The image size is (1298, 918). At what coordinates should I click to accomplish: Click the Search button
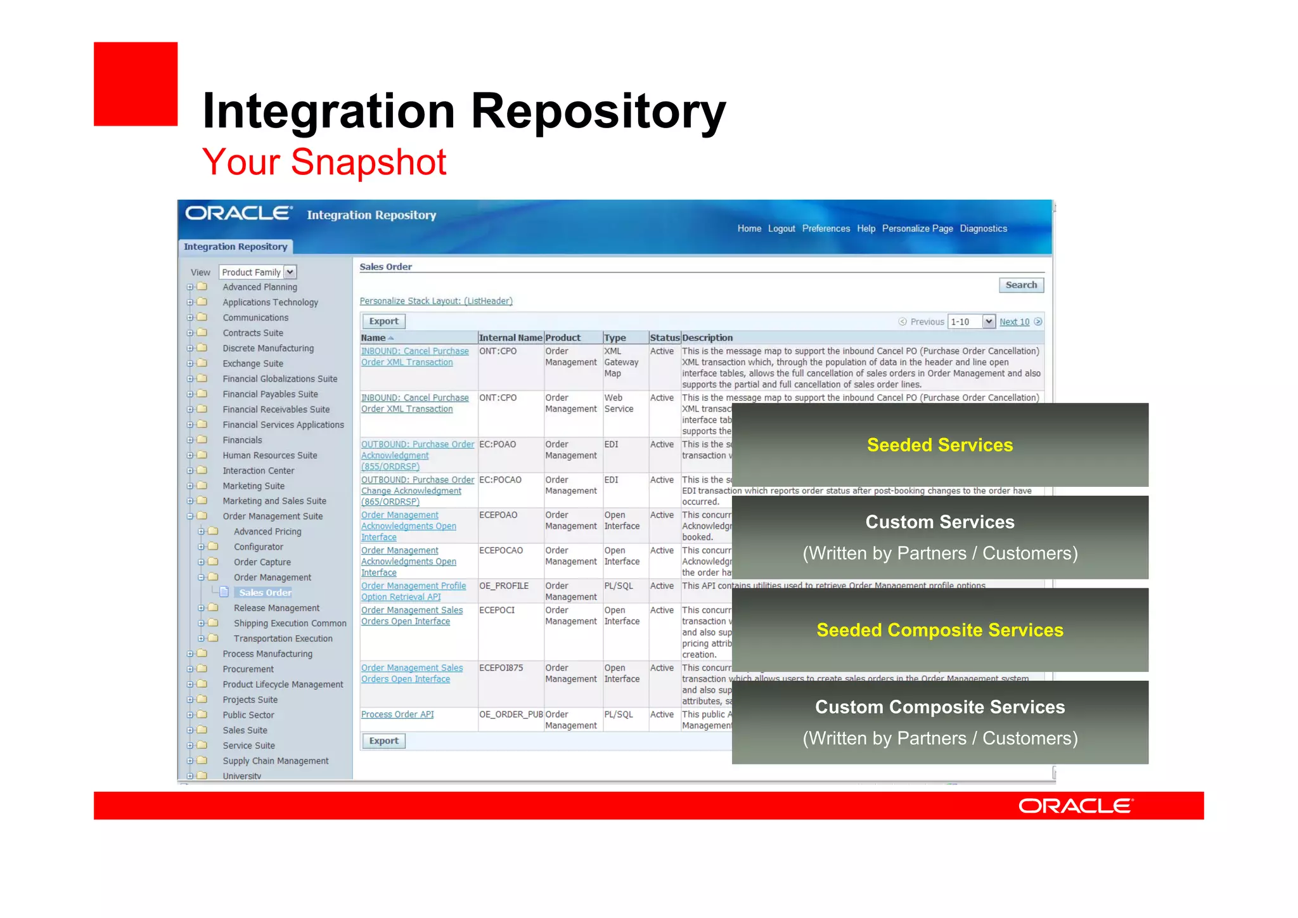click(1020, 285)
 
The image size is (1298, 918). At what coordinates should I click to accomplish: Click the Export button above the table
click(383, 321)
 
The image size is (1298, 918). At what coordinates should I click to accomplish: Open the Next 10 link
click(1014, 322)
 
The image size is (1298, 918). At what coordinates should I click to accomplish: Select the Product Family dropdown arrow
click(290, 272)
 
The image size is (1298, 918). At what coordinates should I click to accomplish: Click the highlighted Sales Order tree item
click(265, 593)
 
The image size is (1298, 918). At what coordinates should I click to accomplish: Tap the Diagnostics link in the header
click(983, 229)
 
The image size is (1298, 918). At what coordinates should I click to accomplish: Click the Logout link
click(781, 229)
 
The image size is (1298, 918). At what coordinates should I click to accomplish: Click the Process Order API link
click(397, 714)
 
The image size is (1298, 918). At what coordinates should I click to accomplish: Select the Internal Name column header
click(510, 338)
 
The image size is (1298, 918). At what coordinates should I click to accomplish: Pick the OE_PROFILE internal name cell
click(504, 586)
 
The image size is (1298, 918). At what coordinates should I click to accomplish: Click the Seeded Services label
click(939, 445)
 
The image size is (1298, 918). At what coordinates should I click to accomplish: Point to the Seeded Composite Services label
click(939, 630)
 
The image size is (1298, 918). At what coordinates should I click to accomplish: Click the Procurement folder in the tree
click(248, 669)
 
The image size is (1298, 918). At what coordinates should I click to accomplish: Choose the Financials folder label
click(242, 440)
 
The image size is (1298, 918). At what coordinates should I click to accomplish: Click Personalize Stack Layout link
click(436, 301)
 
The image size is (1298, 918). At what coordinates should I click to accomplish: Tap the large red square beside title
click(136, 84)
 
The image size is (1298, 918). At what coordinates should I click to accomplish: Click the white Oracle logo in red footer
click(1076, 806)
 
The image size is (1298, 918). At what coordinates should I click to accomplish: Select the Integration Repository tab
click(235, 247)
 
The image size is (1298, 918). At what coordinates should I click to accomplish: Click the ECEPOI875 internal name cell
click(501, 668)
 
